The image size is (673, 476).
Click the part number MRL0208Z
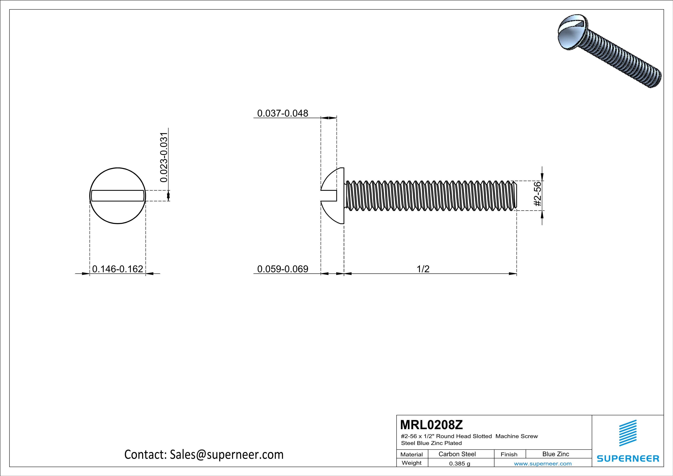click(431, 424)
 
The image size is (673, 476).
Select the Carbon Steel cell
click(457, 454)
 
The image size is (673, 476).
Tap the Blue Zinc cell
click(555, 454)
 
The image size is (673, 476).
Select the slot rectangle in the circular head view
click(118, 196)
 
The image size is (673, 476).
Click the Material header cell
click(412, 454)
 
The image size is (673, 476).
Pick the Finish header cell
click(509, 454)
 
